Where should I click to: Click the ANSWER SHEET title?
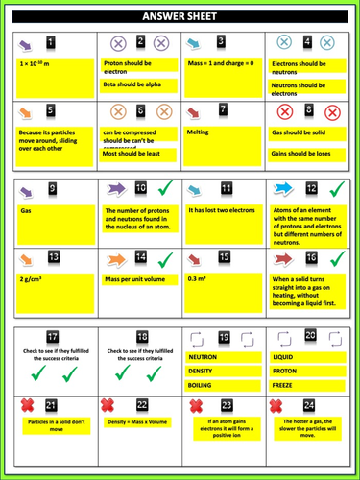click(x=180, y=16)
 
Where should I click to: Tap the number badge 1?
click(x=51, y=42)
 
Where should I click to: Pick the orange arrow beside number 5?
click(x=27, y=112)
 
